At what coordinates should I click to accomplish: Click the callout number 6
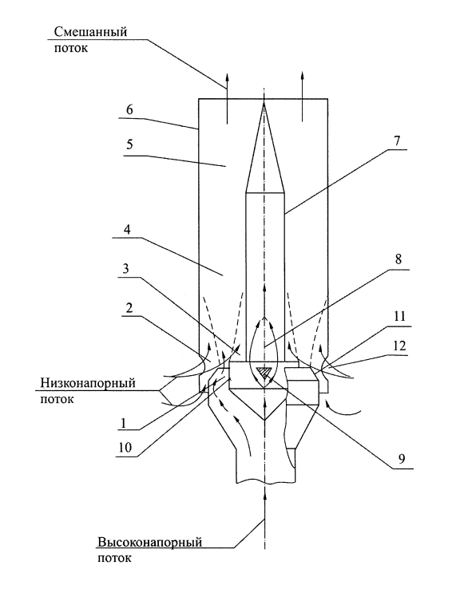129,109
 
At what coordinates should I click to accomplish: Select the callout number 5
129,144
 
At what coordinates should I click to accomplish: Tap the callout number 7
397,140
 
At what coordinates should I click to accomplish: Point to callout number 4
128,229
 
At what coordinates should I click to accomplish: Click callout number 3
126,269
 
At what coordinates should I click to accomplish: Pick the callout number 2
129,308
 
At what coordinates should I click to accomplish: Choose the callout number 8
399,259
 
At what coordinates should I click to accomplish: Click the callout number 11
400,316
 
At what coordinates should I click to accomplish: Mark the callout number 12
400,346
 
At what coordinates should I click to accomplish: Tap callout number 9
402,459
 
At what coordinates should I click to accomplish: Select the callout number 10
125,448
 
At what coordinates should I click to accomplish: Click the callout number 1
123,423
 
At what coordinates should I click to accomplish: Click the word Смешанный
90,32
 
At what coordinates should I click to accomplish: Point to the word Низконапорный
88,383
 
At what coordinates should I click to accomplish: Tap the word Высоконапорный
150,543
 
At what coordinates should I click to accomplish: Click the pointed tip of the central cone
264,101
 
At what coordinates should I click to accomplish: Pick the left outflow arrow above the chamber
227,97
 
